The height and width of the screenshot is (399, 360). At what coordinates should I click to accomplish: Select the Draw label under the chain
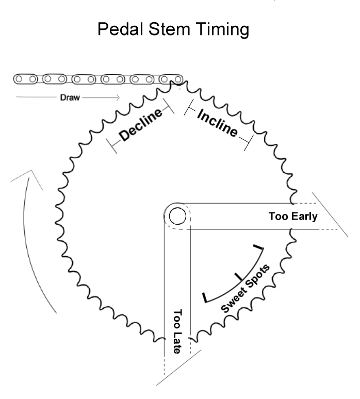[x=70, y=97]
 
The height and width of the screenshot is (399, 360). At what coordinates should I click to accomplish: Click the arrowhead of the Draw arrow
[x=117, y=97]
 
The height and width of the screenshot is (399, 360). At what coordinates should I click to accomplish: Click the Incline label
[x=217, y=123]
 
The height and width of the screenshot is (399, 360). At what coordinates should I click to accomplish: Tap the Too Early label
[x=292, y=217]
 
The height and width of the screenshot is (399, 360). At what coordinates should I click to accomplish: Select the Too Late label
[x=177, y=331]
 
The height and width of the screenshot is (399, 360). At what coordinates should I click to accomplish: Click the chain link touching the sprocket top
[x=171, y=79]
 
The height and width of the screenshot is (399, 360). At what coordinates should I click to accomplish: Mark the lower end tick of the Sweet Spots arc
[x=206, y=297]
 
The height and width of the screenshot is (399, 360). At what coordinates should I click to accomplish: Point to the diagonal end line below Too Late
[x=176, y=370]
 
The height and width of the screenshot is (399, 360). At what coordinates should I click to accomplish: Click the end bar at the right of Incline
[x=248, y=142]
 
